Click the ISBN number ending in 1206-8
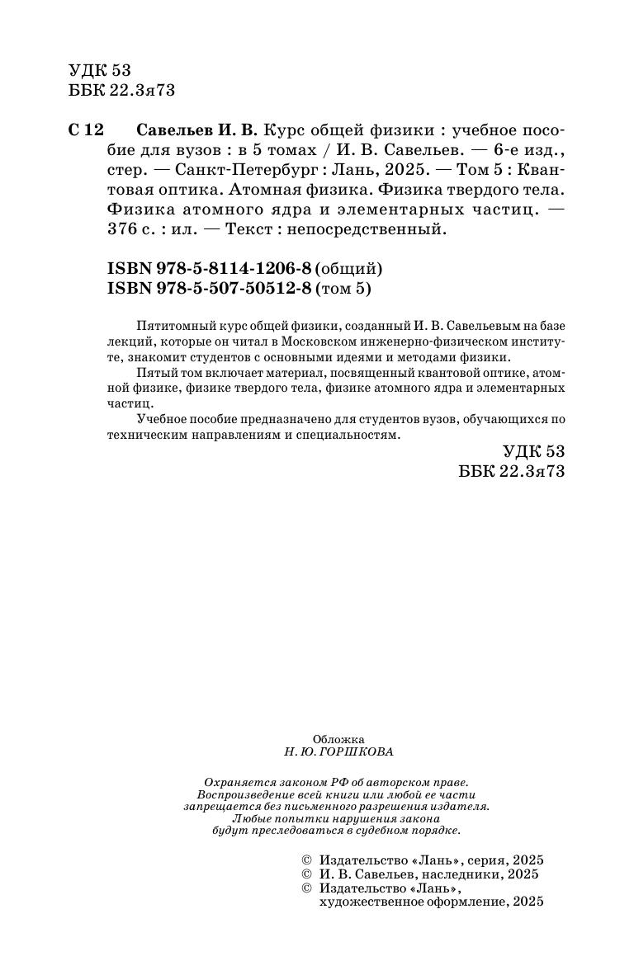[x=211, y=269]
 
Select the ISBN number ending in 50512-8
[x=211, y=288]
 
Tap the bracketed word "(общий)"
[x=350, y=269]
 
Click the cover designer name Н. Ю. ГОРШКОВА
[x=338, y=752]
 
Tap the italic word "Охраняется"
[x=239, y=782]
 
